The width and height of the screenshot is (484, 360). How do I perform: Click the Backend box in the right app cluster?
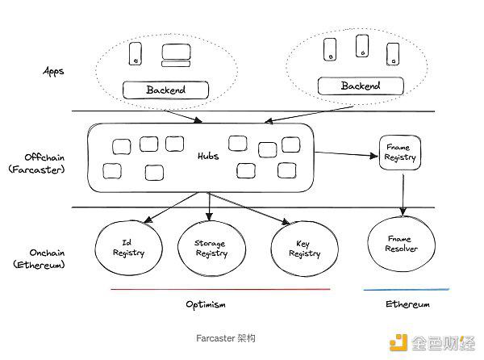tap(355, 86)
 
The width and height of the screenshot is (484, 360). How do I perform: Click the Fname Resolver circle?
tap(401, 244)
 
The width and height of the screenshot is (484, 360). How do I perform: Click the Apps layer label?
tap(53, 71)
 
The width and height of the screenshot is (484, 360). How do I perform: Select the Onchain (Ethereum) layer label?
tap(36, 257)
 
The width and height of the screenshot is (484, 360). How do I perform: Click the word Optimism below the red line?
tap(207, 304)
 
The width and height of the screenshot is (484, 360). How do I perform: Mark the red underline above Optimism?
tap(220, 289)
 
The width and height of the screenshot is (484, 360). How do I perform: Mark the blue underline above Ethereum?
tap(407, 289)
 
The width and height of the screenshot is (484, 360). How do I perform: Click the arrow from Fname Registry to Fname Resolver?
tap(402, 194)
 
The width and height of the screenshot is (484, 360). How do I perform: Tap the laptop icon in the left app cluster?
tap(176, 55)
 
